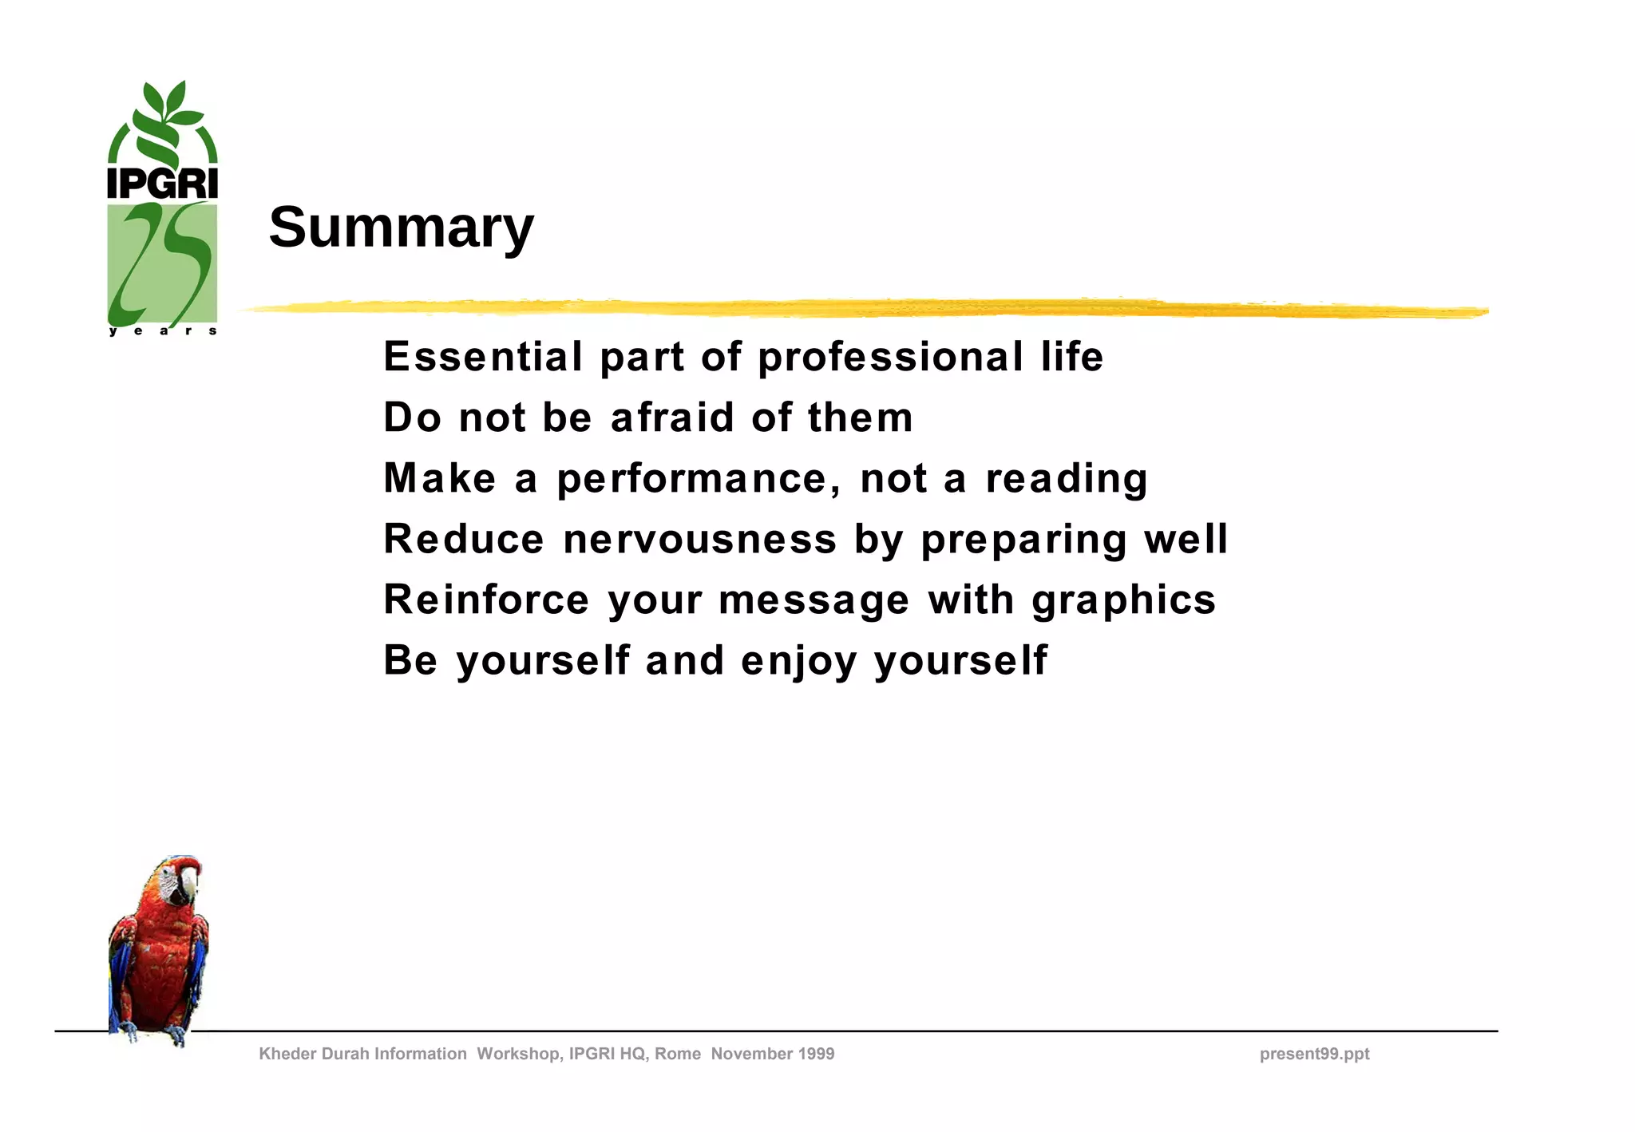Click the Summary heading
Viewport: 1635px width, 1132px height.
tap(401, 228)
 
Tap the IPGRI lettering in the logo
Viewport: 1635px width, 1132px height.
tap(162, 184)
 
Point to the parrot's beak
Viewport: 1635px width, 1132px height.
tap(188, 883)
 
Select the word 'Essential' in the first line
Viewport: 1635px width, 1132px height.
tap(483, 356)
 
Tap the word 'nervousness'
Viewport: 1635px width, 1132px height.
tap(699, 539)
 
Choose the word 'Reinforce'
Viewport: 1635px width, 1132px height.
tap(486, 600)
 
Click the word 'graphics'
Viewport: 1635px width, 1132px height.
tap(1123, 600)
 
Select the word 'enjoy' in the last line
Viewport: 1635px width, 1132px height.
tap(798, 662)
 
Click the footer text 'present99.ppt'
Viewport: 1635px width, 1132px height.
tap(1314, 1054)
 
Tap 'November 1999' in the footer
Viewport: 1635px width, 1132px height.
tap(773, 1054)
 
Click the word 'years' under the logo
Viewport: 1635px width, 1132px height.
tap(163, 331)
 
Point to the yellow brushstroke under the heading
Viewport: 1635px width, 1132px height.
tap(862, 308)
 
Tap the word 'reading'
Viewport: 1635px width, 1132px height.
tap(1067, 479)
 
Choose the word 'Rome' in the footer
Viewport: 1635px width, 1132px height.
tap(678, 1054)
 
